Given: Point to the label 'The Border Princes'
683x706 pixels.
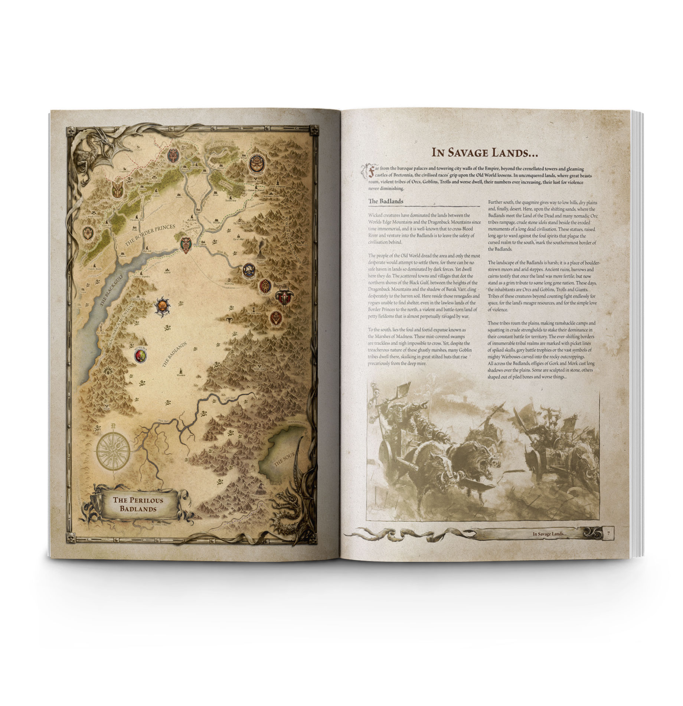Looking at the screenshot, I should coord(150,236).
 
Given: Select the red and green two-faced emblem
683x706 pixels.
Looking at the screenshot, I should coord(140,356).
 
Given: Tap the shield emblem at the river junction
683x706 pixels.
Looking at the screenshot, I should coord(186,244).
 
